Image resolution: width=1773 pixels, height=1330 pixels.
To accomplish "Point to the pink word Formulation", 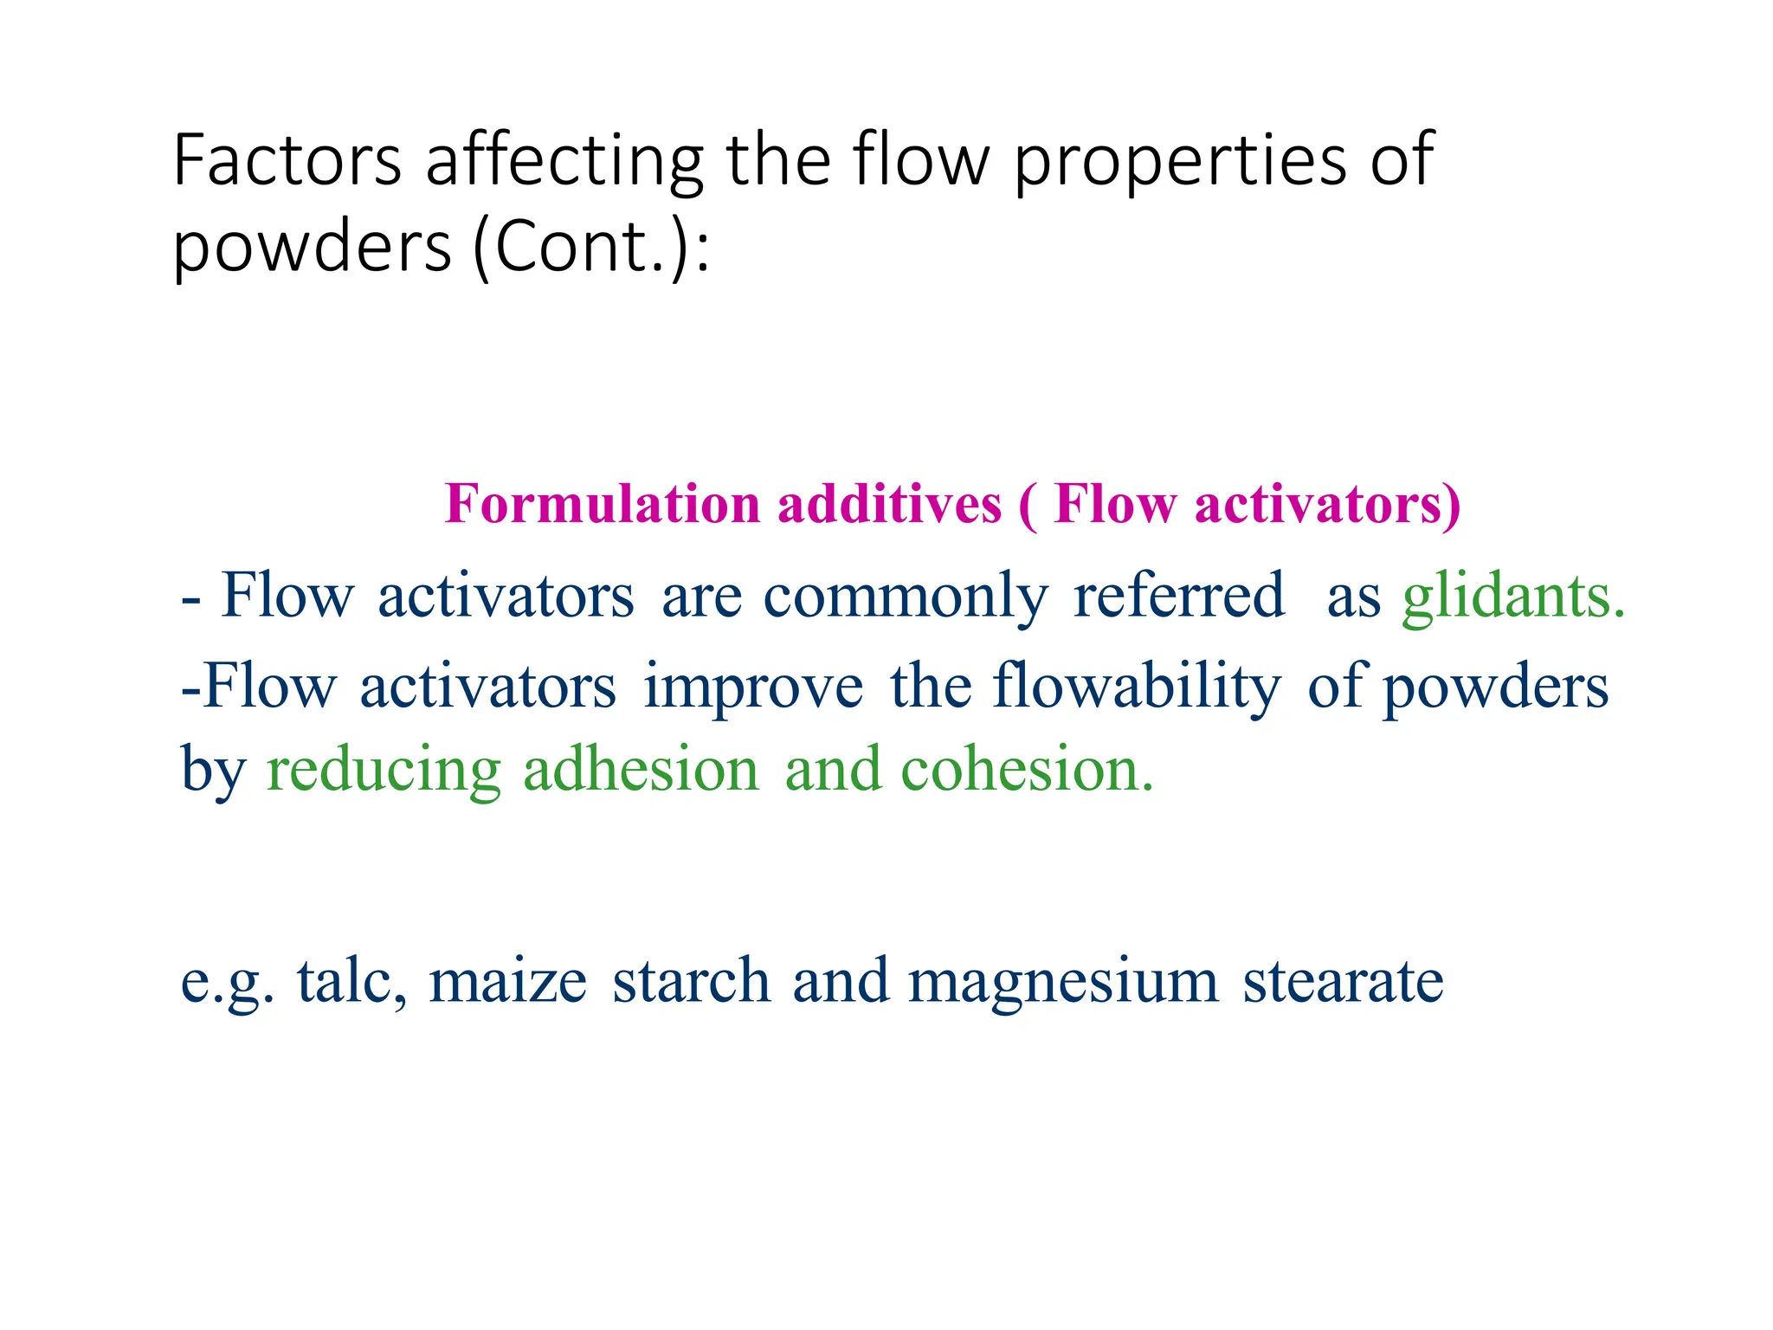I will (603, 504).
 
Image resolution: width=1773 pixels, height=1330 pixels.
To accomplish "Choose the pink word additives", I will (889, 504).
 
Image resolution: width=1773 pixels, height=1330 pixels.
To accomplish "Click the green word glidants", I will (1513, 596).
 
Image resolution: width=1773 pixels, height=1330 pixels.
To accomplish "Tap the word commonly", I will (905, 596).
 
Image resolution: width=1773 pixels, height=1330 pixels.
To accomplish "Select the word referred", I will (1178, 596).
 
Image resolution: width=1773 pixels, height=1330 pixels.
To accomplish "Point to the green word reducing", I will (384, 769).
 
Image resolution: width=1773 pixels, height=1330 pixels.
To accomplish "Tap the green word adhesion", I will (641, 769).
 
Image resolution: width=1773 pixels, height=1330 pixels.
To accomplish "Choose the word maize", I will (507, 980).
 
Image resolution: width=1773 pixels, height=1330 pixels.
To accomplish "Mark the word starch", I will (691, 980).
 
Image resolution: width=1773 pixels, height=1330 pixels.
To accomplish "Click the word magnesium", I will (1063, 980).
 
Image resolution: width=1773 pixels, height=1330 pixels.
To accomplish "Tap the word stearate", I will (1343, 980).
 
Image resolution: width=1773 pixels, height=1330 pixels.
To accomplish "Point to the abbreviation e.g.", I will (227, 982).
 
